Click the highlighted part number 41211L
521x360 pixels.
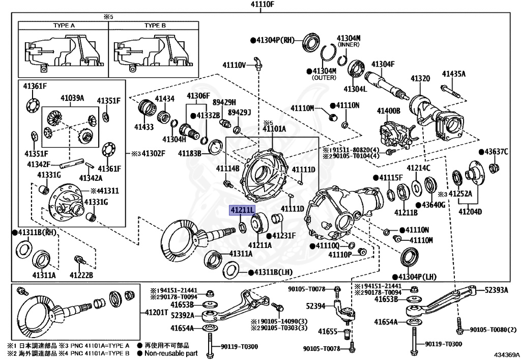[x=242, y=210]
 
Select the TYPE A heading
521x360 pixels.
[x=64, y=25]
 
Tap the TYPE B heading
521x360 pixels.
[x=155, y=25]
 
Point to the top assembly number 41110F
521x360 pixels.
[x=262, y=5]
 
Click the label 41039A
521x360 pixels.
[x=72, y=98]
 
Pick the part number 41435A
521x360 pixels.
[x=453, y=74]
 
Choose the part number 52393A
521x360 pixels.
[x=496, y=290]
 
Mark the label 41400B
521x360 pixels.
[x=389, y=110]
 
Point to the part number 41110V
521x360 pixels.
[x=234, y=65]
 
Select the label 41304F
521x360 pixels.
[x=383, y=64]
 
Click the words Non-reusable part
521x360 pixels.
[x=171, y=353]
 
